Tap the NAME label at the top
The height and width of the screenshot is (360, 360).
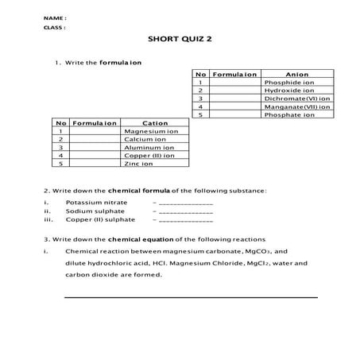(x=55, y=17)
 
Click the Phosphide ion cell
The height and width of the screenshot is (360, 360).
(x=288, y=82)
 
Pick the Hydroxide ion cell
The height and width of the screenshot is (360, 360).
(x=288, y=91)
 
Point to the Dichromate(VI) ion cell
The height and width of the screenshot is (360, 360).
(x=296, y=99)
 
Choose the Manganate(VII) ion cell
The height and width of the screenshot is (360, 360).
(x=296, y=106)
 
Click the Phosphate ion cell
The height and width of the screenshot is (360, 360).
(x=288, y=114)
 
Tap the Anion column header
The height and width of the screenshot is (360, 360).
(x=296, y=74)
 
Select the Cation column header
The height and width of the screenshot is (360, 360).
(x=155, y=123)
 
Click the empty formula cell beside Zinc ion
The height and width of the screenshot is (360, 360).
(x=95, y=163)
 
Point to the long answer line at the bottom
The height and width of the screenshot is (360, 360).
(x=191, y=297)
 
